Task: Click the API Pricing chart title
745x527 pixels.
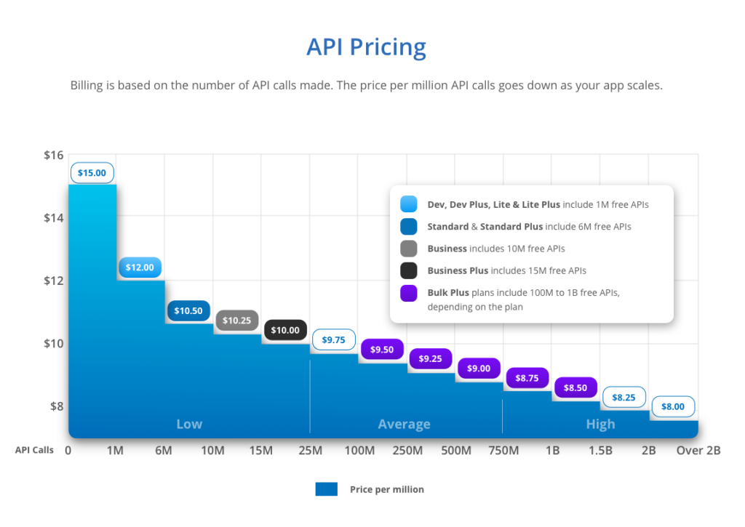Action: pyautogui.click(x=366, y=47)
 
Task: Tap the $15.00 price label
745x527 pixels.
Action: pyautogui.click(x=92, y=173)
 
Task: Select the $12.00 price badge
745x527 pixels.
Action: pyautogui.click(x=140, y=267)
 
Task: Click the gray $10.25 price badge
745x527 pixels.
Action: pyautogui.click(x=236, y=321)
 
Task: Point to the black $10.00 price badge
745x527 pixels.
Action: pyautogui.click(x=285, y=330)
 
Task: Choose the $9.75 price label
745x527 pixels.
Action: pyautogui.click(x=333, y=339)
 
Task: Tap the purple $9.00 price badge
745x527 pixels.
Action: pyautogui.click(x=479, y=369)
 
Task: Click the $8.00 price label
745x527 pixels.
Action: pyautogui.click(x=672, y=406)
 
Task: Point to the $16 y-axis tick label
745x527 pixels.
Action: pyautogui.click(x=55, y=155)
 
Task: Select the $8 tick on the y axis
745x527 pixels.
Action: pyautogui.click(x=57, y=406)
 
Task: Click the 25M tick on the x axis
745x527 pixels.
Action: pyautogui.click(x=310, y=451)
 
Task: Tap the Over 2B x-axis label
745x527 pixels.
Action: pyautogui.click(x=698, y=451)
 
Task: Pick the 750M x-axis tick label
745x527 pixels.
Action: pyautogui.click(x=503, y=451)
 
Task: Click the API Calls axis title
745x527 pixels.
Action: pyautogui.click(x=34, y=450)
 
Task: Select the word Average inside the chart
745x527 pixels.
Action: pyautogui.click(x=404, y=425)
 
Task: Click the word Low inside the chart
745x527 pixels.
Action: pyautogui.click(x=189, y=425)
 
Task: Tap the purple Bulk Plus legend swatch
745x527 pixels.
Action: pyautogui.click(x=408, y=292)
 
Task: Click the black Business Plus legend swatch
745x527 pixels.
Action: pyautogui.click(x=408, y=270)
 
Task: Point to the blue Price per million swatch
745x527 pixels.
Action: pyautogui.click(x=326, y=489)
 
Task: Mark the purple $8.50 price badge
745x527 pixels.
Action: pyautogui.click(x=575, y=388)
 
